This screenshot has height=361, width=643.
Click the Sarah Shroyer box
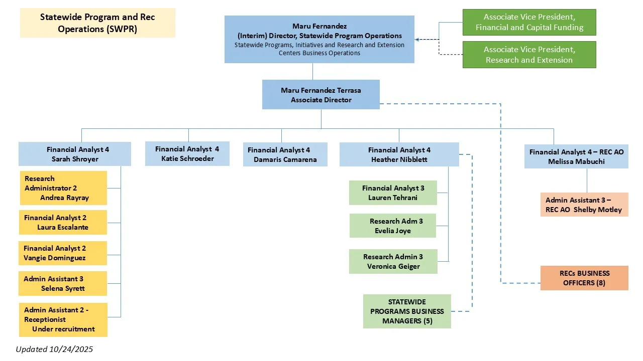[75, 154]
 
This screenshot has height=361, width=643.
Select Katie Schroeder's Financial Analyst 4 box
[187, 153]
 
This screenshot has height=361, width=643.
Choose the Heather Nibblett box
[399, 154]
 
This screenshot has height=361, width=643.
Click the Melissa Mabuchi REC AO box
[576, 156]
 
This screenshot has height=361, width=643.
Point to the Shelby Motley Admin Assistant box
[584, 205]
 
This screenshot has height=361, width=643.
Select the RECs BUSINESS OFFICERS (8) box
[584, 278]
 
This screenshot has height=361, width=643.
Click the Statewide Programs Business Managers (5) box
[407, 311]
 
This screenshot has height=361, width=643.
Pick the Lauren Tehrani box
[393, 193]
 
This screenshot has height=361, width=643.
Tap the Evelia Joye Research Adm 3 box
[393, 226]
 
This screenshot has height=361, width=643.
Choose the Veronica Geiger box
[393, 261]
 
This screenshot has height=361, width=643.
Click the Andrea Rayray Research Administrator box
[63, 188]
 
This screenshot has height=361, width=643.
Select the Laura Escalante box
[63, 222]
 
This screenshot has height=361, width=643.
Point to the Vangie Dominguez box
[63, 253]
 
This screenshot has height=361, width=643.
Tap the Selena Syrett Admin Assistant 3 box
[63, 284]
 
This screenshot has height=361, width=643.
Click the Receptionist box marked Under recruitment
[63, 319]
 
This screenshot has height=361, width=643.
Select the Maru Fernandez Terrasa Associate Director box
[320, 95]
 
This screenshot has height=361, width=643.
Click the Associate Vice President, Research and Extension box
[529, 55]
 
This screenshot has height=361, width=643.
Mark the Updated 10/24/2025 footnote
[54, 349]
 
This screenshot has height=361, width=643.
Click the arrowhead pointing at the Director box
[417, 39]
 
